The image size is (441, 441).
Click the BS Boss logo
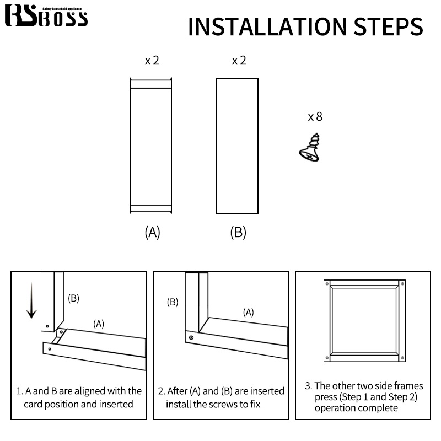pyautogui.click(x=46, y=16)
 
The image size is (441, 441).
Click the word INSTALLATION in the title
pyautogui.click(x=267, y=26)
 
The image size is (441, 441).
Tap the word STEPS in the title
pyautogui.click(x=388, y=26)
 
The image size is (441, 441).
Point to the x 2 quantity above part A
pyautogui.click(x=152, y=61)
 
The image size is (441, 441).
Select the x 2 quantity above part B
pyautogui.click(x=239, y=61)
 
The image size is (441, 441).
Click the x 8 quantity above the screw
pyautogui.click(x=315, y=116)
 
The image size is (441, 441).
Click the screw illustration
pyautogui.click(x=310, y=148)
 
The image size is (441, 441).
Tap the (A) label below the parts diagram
pyautogui.click(x=153, y=232)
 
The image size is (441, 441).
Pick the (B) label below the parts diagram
pyautogui.click(x=238, y=232)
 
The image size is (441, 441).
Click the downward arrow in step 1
pyautogui.click(x=31, y=300)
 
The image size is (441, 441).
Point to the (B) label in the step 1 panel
pyautogui.click(x=74, y=298)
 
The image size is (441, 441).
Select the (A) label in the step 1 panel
pyautogui.click(x=99, y=324)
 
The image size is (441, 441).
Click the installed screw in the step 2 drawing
pyautogui.click(x=191, y=337)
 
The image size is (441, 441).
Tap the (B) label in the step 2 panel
pyautogui.click(x=173, y=302)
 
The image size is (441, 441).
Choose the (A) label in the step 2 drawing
pyautogui.click(x=249, y=312)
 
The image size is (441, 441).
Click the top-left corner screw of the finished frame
pyautogui.click(x=327, y=284)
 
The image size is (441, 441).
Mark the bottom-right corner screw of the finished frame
pyautogui.click(x=402, y=358)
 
